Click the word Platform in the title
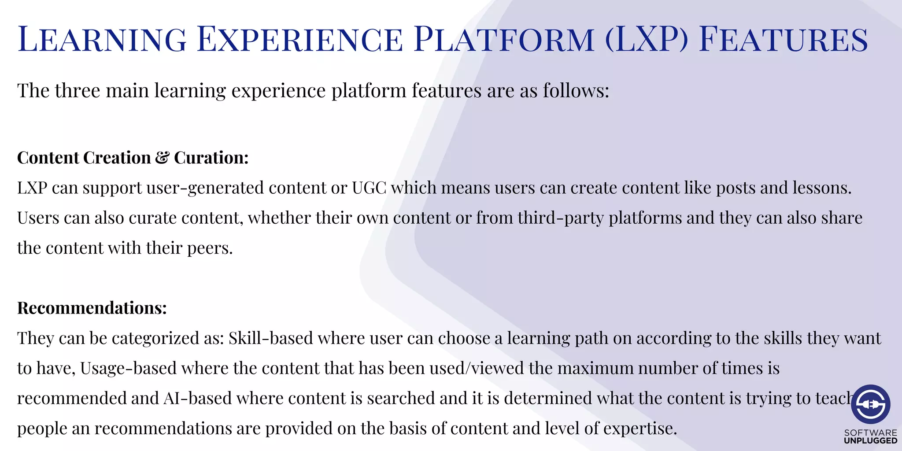tap(504, 40)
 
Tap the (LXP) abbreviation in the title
tap(647, 40)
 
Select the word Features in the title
tap(783, 40)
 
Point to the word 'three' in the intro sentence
tap(77, 91)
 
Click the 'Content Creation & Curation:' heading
tap(133, 158)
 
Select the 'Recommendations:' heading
tap(92, 308)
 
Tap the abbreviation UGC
tap(369, 188)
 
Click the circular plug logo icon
tap(870, 404)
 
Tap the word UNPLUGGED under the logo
tap(870, 441)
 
